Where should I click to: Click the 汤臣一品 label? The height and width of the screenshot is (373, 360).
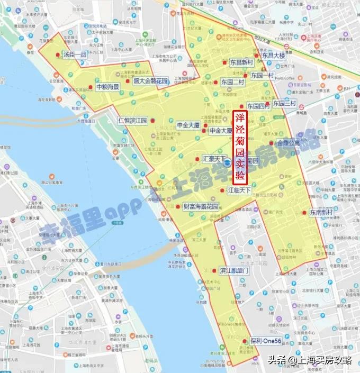point(74,54)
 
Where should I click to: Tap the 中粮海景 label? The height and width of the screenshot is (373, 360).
point(107,86)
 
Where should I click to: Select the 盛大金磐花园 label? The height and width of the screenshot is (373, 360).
point(150,81)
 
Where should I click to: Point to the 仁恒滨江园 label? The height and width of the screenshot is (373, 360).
point(132,121)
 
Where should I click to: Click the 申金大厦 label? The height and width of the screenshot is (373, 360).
point(188,125)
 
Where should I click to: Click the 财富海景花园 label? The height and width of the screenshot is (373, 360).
point(201,206)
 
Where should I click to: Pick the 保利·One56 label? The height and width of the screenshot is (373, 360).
point(266,341)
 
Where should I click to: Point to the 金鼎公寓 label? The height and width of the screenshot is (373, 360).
point(288,143)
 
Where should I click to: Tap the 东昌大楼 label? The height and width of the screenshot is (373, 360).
point(273,56)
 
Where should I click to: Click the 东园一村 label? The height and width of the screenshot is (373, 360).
point(263,75)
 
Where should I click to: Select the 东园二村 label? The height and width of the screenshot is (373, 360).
point(233,82)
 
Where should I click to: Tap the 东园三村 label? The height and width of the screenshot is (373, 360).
point(284,103)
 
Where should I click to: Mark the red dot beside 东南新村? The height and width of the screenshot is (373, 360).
point(304,213)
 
